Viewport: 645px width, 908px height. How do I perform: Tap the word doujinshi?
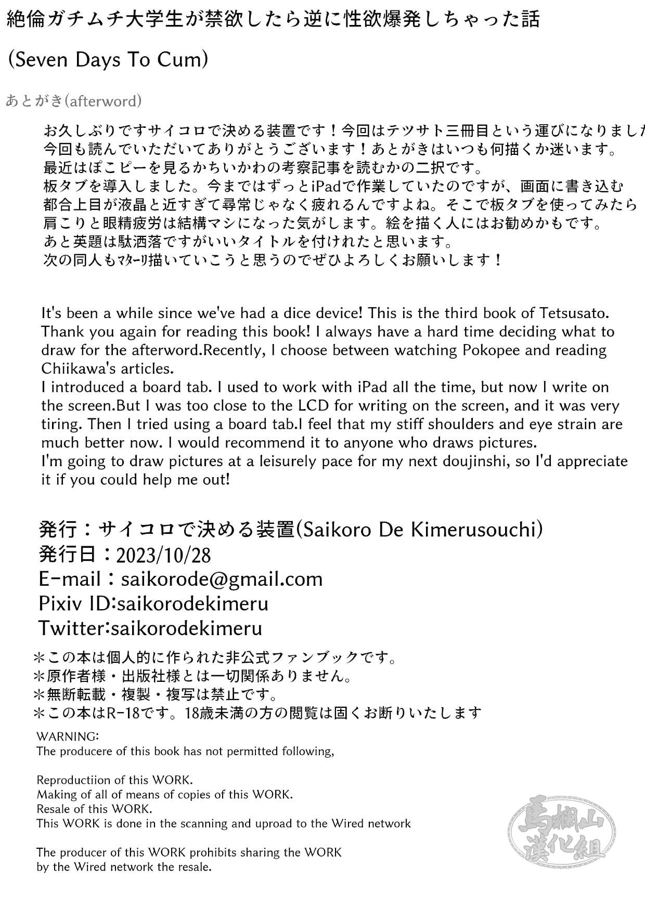[x=468, y=462]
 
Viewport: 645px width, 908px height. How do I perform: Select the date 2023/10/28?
[x=163, y=555]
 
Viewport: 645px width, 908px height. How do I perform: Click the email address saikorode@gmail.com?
[x=222, y=579]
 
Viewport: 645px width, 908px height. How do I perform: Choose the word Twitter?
[x=72, y=628]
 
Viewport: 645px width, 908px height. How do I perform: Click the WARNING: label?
[x=68, y=736]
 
